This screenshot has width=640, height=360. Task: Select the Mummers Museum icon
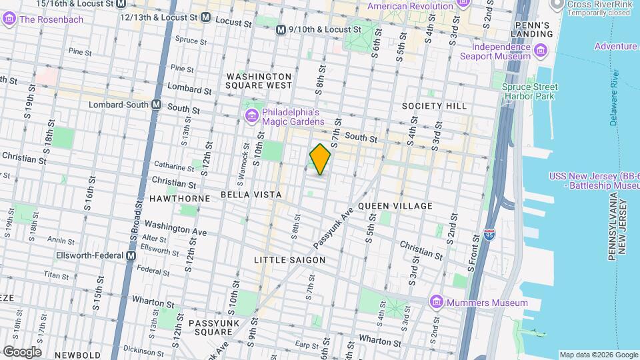point(437,303)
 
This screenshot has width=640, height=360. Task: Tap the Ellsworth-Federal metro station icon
point(131,255)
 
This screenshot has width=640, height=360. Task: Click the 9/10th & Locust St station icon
point(281,29)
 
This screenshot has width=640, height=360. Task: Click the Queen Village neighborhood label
point(395,206)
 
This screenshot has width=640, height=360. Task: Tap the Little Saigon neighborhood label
point(290,259)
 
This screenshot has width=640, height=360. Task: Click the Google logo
point(22,352)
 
